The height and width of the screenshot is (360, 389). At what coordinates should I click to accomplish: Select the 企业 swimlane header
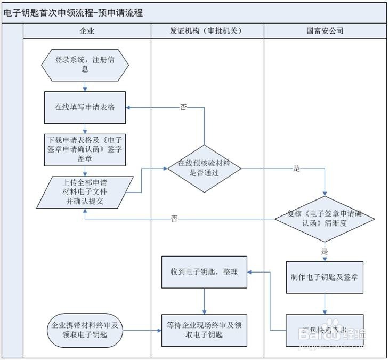pyautogui.click(x=86, y=31)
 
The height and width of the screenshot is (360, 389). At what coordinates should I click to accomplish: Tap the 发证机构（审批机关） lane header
pyautogui.click(x=207, y=31)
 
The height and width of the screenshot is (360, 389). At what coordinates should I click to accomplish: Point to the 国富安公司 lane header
pyautogui.click(x=325, y=31)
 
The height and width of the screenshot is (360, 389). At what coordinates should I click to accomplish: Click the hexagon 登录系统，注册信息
pyautogui.click(x=85, y=65)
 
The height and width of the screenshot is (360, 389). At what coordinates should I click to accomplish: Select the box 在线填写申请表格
pyautogui.click(x=85, y=107)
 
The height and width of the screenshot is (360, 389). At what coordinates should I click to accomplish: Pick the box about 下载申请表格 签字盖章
pyautogui.click(x=85, y=149)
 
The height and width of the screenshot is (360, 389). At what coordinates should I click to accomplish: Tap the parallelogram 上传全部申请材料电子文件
pyautogui.click(x=85, y=193)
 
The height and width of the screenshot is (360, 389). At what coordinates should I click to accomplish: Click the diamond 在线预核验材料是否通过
pyautogui.click(x=205, y=169)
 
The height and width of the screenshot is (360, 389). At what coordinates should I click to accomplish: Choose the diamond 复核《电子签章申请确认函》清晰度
pyautogui.click(x=325, y=219)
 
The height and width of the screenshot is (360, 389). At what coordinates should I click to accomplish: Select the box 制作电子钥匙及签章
pyautogui.click(x=325, y=277)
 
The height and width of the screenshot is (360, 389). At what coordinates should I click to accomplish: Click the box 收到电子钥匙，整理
pyautogui.click(x=205, y=272)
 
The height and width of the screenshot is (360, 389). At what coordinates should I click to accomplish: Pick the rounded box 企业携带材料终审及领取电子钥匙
pyautogui.click(x=85, y=330)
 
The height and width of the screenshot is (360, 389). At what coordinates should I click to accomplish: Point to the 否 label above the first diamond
pyautogui.click(x=183, y=107)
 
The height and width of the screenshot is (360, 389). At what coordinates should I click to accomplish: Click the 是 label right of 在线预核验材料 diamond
pyautogui.click(x=297, y=169)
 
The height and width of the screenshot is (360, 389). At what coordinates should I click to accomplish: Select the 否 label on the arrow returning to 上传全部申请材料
pyautogui.click(x=174, y=219)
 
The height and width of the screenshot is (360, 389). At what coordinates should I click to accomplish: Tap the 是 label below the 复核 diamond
pyautogui.click(x=325, y=251)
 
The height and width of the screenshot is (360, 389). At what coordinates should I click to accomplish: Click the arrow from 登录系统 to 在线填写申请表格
pyautogui.click(x=85, y=86)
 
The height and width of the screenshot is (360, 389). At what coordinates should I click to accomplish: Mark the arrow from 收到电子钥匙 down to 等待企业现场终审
pyautogui.click(x=205, y=301)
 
